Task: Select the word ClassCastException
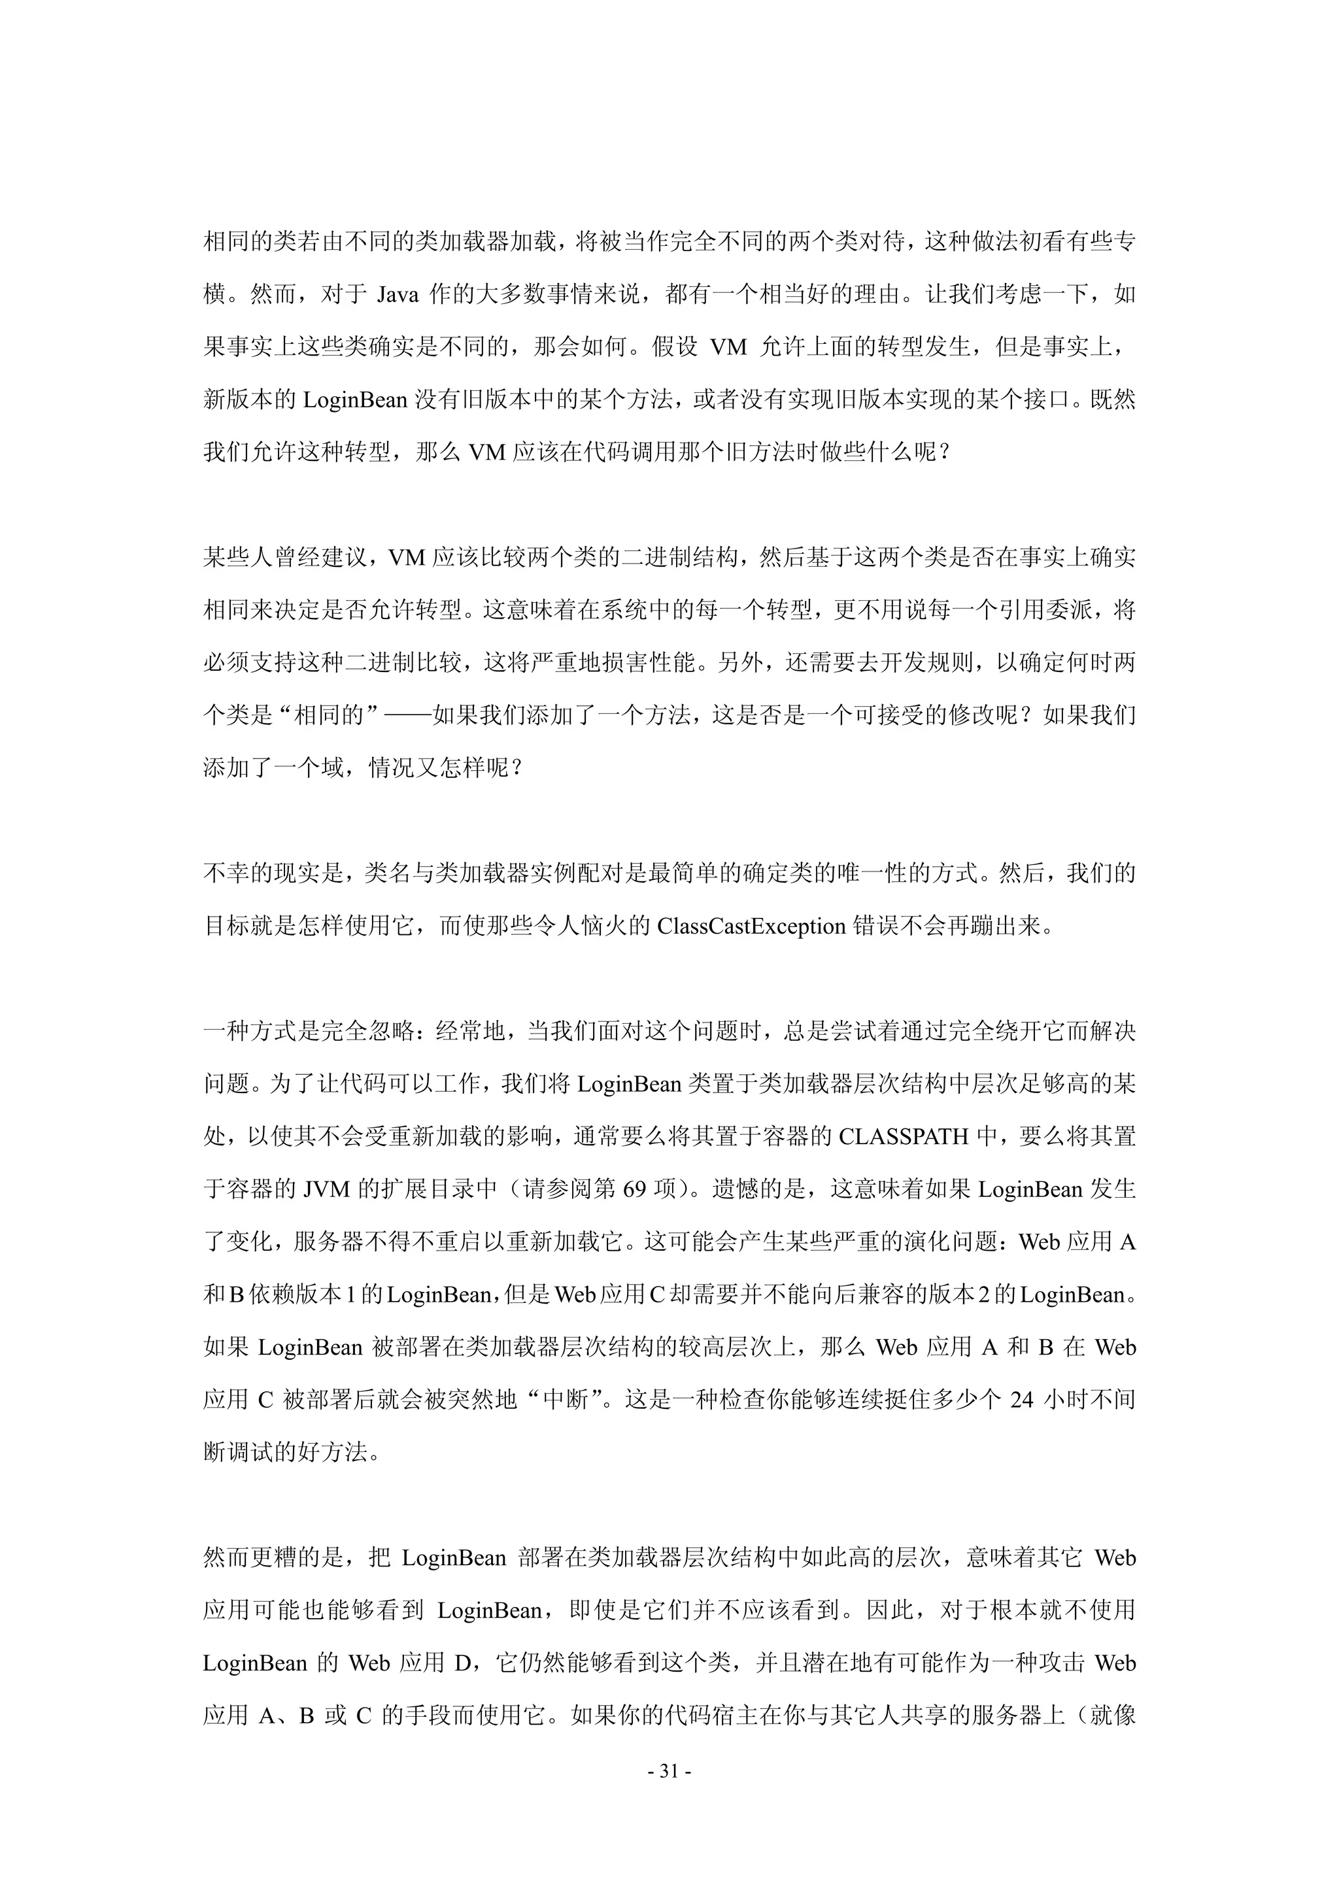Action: click(751, 926)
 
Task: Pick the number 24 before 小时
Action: click(1021, 1400)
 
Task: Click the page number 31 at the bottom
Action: click(669, 1770)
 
